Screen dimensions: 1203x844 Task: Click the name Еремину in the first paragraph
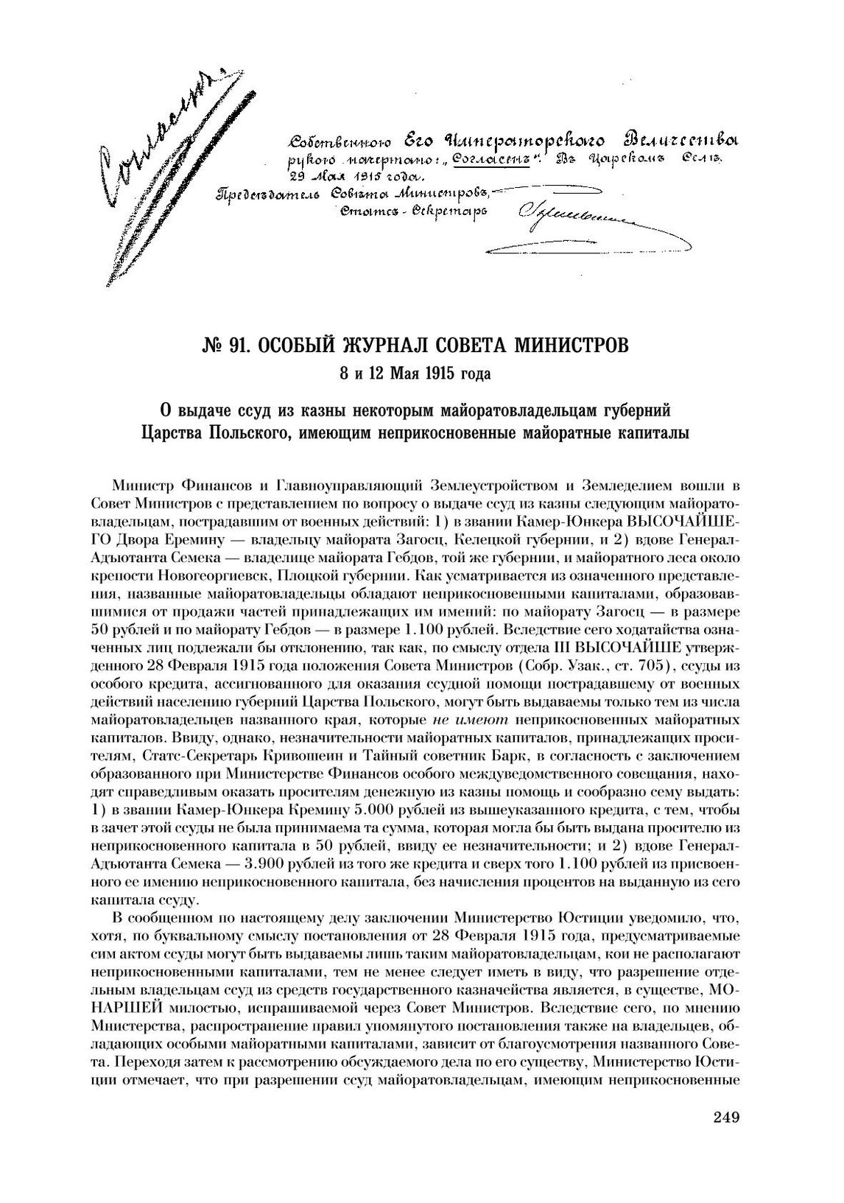(198, 537)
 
